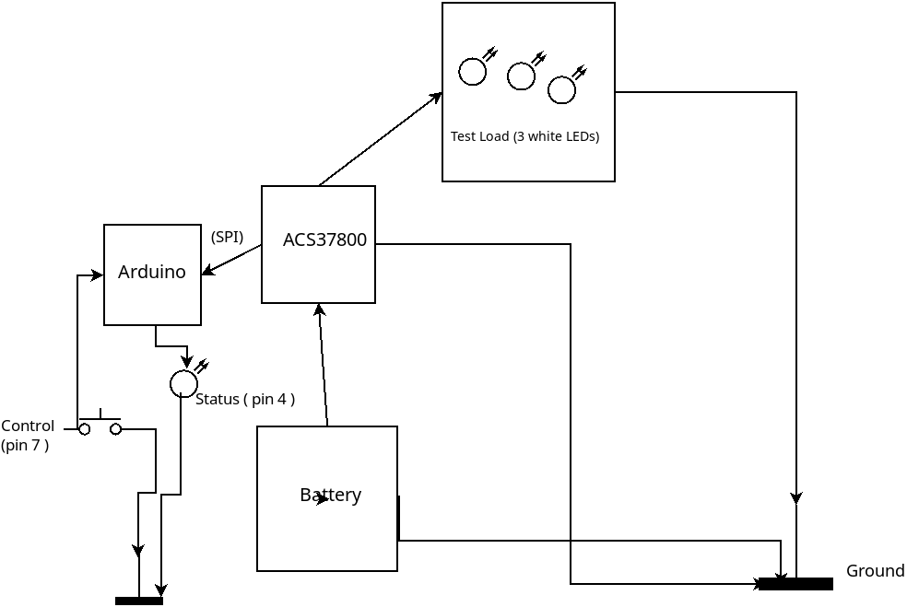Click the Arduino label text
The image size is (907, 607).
152,273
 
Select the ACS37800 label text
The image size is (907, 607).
324,240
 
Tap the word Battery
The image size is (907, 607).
330,495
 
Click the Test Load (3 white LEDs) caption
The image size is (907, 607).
524,136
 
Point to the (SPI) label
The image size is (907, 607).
227,237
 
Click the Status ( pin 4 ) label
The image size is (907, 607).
245,399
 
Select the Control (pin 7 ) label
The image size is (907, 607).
27,435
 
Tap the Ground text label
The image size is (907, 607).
875,571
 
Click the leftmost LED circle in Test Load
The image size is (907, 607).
472,72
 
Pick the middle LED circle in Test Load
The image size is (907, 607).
521,76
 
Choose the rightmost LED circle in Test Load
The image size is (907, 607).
561,90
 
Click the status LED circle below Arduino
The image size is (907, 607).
183,384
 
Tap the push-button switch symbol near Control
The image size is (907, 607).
100,426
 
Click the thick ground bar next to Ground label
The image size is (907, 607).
795,584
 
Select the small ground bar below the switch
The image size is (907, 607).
139,601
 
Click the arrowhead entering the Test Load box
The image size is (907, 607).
436,97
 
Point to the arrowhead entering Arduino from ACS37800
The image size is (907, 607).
207,271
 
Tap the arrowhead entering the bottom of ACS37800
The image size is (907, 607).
319,309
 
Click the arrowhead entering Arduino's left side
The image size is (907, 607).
97,275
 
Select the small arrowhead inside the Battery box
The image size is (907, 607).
323,499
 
